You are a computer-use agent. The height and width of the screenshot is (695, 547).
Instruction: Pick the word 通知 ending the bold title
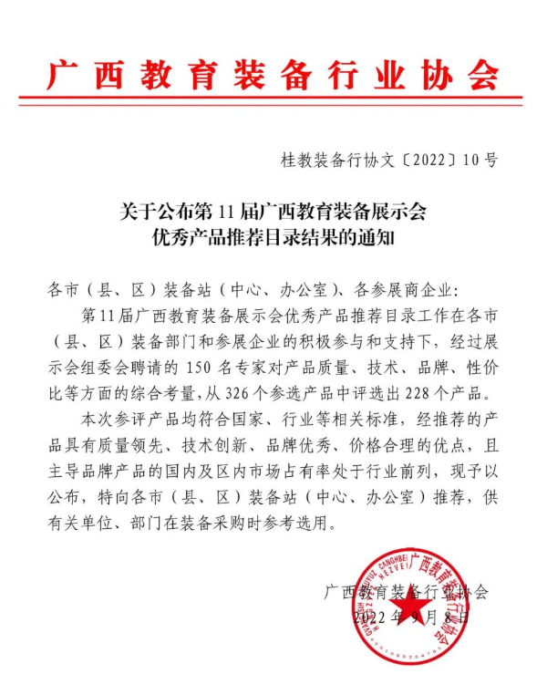379,240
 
